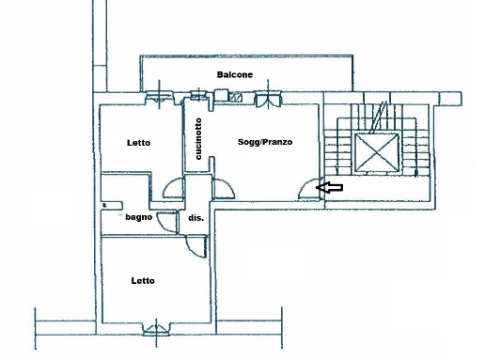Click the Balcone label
click(x=235, y=74)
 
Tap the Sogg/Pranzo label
click(x=265, y=142)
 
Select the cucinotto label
click(x=198, y=138)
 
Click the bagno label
click(x=139, y=217)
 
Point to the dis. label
click(x=196, y=218)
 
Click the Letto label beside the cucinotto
click(x=139, y=143)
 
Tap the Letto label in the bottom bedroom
click(x=143, y=281)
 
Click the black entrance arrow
click(x=329, y=187)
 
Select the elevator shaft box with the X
click(x=377, y=152)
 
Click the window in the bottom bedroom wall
click(x=156, y=330)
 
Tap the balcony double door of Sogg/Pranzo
click(x=268, y=99)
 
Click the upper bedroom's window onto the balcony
click(x=159, y=96)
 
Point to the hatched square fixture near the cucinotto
click(x=235, y=97)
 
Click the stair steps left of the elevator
click(x=337, y=152)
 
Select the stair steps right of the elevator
click(x=415, y=152)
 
